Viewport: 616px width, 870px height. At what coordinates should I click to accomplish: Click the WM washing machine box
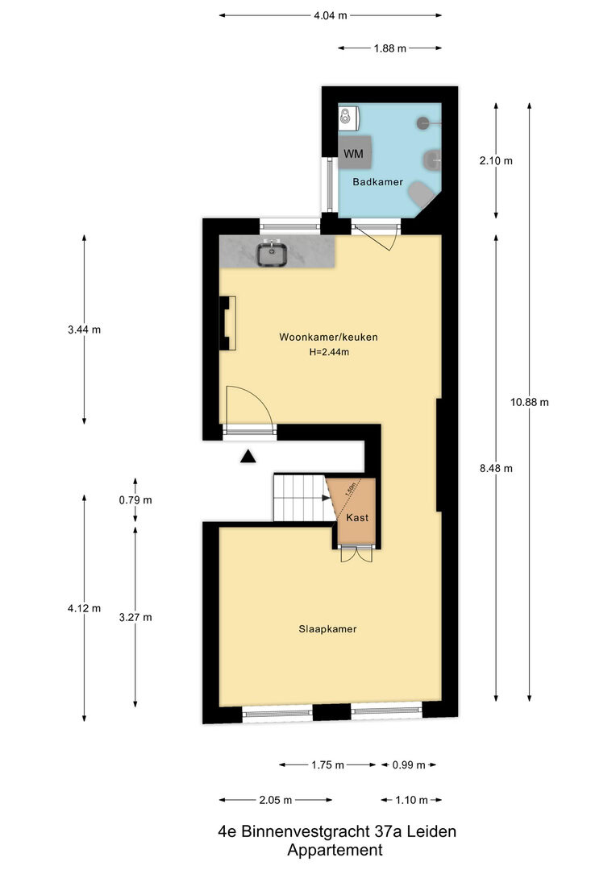point(355,152)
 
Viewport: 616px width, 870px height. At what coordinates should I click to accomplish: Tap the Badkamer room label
point(377,182)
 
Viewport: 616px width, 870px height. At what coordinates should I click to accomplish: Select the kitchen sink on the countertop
point(272,255)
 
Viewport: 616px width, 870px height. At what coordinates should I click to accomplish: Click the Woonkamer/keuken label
point(328,337)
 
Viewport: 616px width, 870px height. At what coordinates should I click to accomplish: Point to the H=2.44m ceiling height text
point(329,352)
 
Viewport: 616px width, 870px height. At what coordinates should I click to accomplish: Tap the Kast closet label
point(357,518)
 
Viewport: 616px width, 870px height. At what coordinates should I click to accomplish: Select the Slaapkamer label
point(327,628)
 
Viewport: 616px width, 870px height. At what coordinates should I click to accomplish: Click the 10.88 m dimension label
point(530,402)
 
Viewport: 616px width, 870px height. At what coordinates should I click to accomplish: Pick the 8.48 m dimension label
point(496,468)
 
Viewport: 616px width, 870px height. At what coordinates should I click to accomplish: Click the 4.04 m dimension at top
point(331,15)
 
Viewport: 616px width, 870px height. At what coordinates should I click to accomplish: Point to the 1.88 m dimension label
point(390,48)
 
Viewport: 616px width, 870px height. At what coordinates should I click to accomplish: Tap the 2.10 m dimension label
point(496,161)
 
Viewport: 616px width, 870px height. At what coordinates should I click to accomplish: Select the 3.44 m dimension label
point(85,329)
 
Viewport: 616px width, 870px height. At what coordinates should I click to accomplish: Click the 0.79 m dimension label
point(135,500)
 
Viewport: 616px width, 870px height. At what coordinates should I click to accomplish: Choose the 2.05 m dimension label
point(276,800)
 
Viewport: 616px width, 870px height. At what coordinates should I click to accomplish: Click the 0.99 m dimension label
point(409,765)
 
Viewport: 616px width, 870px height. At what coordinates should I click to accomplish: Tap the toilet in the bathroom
point(422,194)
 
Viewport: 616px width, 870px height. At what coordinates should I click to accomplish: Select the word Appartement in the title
point(335,850)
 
